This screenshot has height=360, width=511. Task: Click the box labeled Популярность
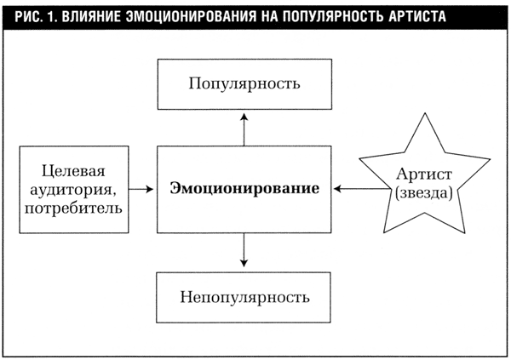244,86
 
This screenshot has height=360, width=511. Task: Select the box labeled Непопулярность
244,298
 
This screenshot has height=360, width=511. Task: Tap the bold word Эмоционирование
244,188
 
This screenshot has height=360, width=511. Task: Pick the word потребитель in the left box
73,206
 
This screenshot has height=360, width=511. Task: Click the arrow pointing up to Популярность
244,128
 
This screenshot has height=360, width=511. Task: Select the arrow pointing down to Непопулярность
244,249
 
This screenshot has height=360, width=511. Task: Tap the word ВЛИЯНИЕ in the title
90,15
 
